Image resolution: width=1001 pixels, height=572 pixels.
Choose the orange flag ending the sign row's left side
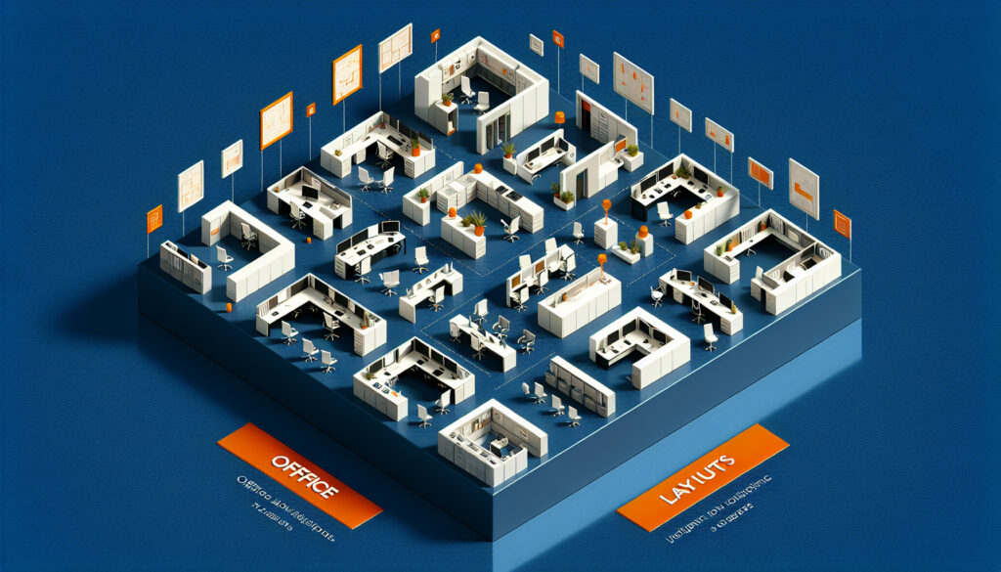(x=154, y=219)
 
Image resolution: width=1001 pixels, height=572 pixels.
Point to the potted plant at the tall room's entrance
(x=507, y=151)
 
